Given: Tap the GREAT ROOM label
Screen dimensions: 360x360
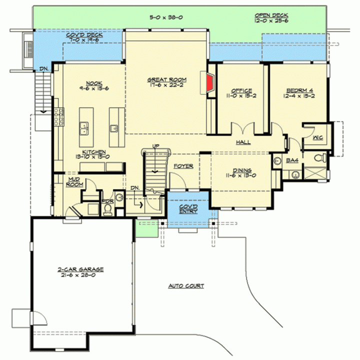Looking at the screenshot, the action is coord(167,79).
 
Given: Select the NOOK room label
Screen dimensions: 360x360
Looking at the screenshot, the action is coord(94,83).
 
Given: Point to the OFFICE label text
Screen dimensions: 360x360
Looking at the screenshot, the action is coord(241,90).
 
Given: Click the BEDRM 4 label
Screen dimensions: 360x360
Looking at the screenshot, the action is coord(299,90).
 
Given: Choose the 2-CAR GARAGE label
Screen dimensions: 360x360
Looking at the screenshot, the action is coord(80,269).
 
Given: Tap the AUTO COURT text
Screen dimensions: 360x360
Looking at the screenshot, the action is coord(186,286).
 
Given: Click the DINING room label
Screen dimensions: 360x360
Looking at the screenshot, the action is coord(242,170).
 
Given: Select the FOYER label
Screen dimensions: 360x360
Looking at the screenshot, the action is coord(183,166).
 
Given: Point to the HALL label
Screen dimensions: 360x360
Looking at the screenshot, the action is coord(243,142).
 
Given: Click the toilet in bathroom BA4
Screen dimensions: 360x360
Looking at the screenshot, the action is coord(320,158).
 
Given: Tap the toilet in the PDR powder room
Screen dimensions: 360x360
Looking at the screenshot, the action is coord(107,209).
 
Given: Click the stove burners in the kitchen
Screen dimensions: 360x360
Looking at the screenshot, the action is coord(59,117).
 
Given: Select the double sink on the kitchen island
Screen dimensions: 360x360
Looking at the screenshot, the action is coord(84,128).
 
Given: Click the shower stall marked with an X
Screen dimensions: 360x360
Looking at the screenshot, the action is coord(315,173).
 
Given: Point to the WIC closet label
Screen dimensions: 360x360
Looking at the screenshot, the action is coord(318,138).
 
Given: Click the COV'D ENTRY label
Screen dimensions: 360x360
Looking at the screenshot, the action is coord(188,209).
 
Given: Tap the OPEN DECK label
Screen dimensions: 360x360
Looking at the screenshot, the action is coord(271,15).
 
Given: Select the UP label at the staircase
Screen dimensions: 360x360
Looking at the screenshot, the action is coord(155,146).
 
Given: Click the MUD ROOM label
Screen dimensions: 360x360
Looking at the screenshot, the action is coord(74,182).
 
